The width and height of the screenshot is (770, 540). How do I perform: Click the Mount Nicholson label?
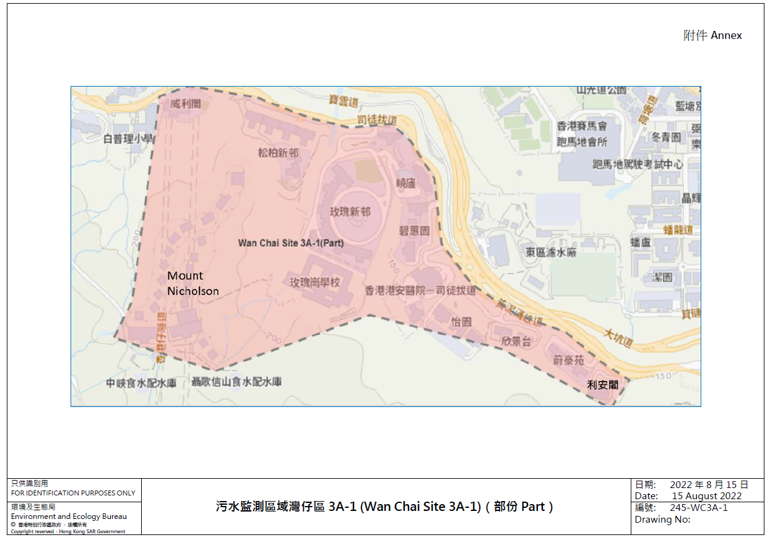click(x=193, y=283)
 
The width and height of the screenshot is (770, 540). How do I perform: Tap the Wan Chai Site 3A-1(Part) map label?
click(x=291, y=243)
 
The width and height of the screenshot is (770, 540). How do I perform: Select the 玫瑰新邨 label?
click(x=350, y=212)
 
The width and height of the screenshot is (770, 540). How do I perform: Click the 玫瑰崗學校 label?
click(x=315, y=282)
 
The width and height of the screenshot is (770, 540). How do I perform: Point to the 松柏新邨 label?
click(x=278, y=153)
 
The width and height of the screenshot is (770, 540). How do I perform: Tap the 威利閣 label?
click(x=186, y=104)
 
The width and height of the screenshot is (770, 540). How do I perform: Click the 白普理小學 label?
click(x=128, y=139)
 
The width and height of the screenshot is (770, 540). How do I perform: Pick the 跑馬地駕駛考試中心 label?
click(x=638, y=165)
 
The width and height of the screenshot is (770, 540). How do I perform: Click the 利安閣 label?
click(x=603, y=385)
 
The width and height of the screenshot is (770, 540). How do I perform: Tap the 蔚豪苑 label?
click(x=568, y=359)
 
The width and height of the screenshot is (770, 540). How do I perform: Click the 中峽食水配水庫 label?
click(x=141, y=383)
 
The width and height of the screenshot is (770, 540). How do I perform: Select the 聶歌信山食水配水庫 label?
click(x=236, y=382)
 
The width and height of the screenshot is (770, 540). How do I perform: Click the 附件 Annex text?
click(x=712, y=35)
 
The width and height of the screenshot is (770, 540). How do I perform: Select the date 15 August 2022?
click(x=706, y=495)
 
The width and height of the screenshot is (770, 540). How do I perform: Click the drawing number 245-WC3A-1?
click(x=698, y=508)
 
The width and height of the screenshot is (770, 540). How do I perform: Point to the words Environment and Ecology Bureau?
click(x=69, y=516)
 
